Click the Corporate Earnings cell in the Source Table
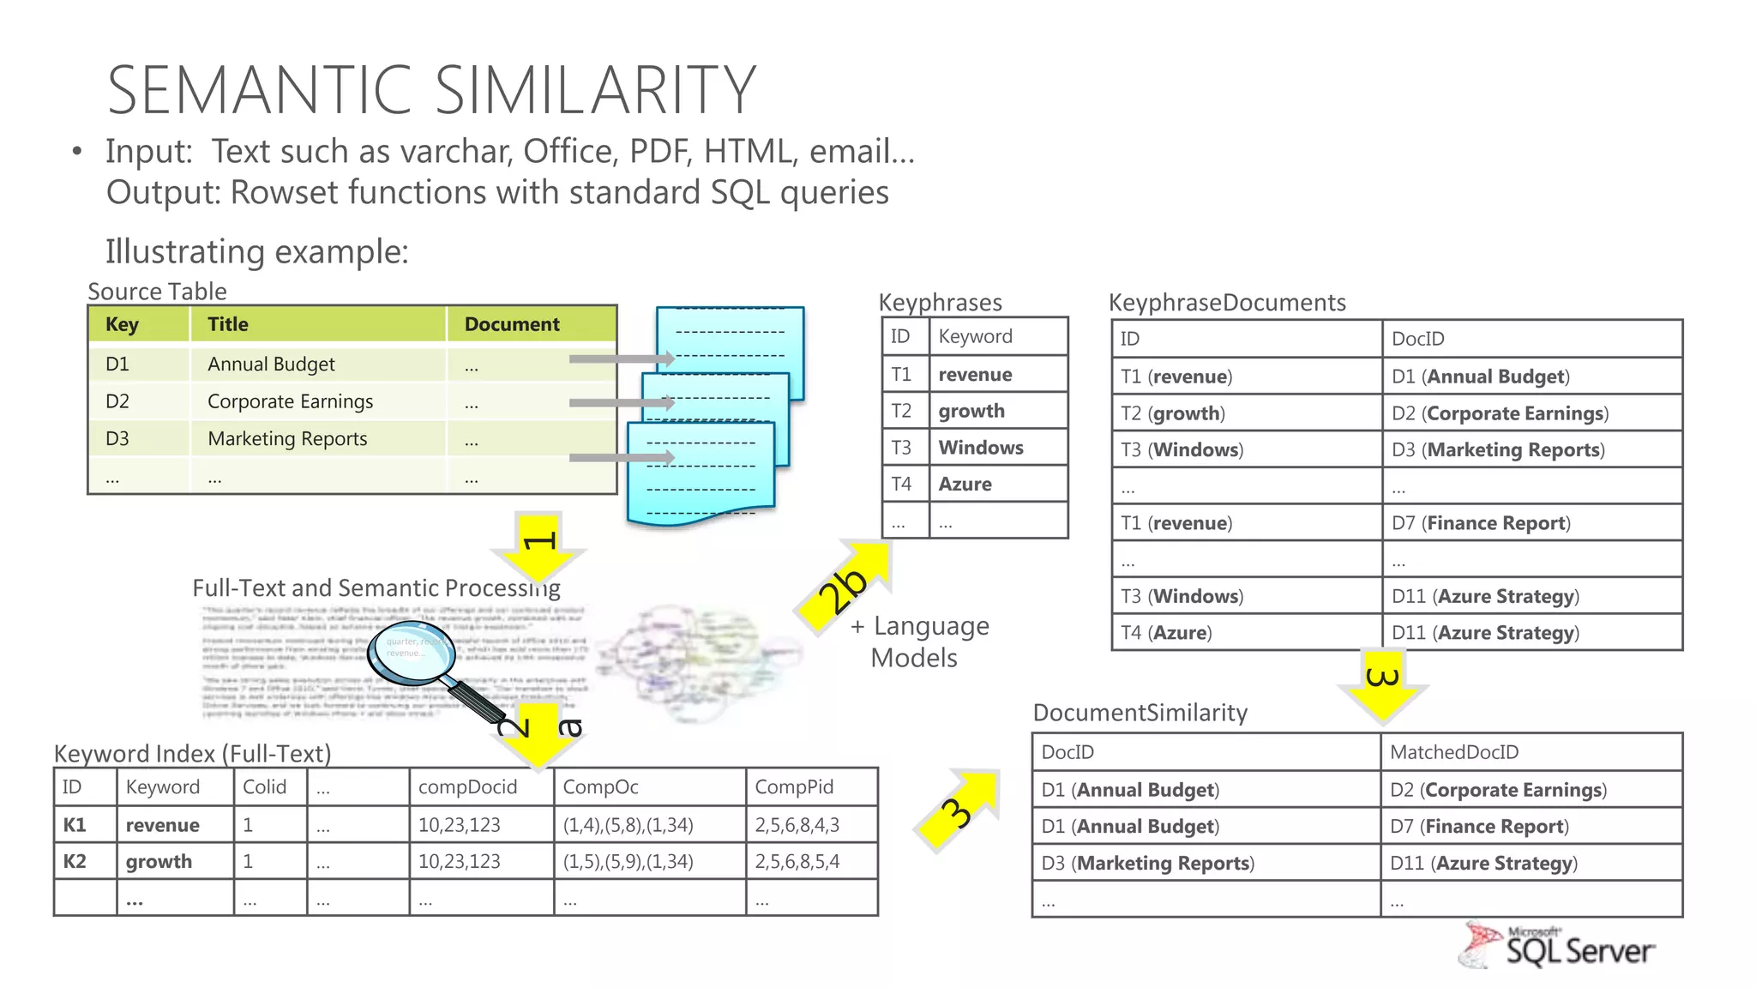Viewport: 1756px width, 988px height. (290, 401)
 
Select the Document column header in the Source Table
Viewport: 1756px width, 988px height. (512, 324)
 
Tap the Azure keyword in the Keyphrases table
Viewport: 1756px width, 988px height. (965, 484)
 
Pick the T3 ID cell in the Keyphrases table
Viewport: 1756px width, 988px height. (901, 448)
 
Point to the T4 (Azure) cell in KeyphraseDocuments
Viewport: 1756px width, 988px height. (1166, 633)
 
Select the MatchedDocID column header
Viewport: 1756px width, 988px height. (1454, 752)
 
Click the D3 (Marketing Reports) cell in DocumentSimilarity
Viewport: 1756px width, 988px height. (1147, 863)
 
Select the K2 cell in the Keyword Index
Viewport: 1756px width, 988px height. (75, 861)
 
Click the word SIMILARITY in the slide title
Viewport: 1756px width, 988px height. (595, 90)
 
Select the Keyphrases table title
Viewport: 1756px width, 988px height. (940, 302)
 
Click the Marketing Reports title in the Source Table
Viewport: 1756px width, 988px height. (287, 438)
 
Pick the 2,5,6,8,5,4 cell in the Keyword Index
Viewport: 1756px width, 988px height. (797, 861)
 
